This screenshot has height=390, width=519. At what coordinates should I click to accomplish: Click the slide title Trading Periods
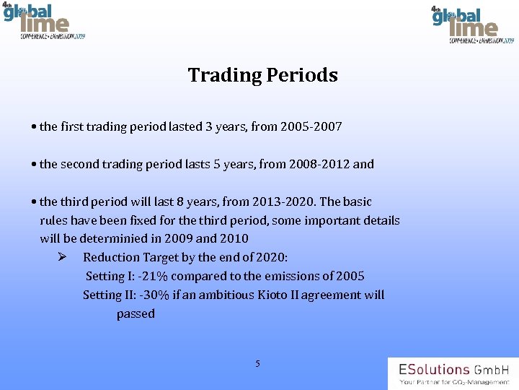click(x=262, y=75)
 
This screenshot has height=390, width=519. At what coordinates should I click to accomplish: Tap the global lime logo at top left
click(x=43, y=22)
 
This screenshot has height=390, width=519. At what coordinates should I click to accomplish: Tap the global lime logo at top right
click(x=471, y=25)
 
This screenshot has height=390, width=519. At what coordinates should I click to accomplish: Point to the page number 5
click(x=257, y=363)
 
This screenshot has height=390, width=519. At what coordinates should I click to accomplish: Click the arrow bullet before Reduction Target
click(x=63, y=257)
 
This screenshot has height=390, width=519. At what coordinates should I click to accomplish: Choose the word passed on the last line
click(x=136, y=314)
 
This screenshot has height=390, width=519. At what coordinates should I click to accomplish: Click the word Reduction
click(x=112, y=258)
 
